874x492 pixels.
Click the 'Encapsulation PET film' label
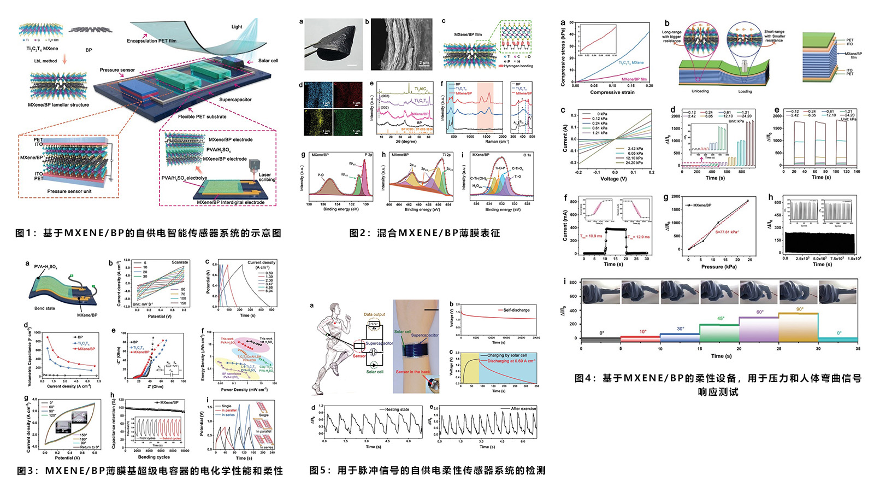click(x=151, y=40)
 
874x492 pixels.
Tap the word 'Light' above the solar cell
click(x=237, y=26)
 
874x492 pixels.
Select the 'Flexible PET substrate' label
click(x=202, y=116)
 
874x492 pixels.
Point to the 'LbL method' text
click(x=45, y=61)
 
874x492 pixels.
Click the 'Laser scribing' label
click(x=265, y=177)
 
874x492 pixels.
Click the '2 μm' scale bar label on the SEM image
click(x=424, y=63)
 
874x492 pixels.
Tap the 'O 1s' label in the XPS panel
click(x=527, y=155)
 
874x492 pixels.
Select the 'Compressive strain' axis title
click(x=612, y=92)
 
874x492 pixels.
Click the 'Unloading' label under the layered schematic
click(x=700, y=91)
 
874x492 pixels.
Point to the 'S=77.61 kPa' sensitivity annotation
click(x=727, y=232)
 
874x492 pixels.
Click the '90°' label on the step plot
click(x=800, y=309)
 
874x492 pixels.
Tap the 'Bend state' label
click(x=44, y=308)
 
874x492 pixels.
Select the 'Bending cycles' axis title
click(x=153, y=457)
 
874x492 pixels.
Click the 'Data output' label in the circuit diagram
click(x=374, y=314)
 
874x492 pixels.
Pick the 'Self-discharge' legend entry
click(x=516, y=310)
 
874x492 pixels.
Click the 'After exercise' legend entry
click(x=523, y=408)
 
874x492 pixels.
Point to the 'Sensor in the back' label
click(x=412, y=372)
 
